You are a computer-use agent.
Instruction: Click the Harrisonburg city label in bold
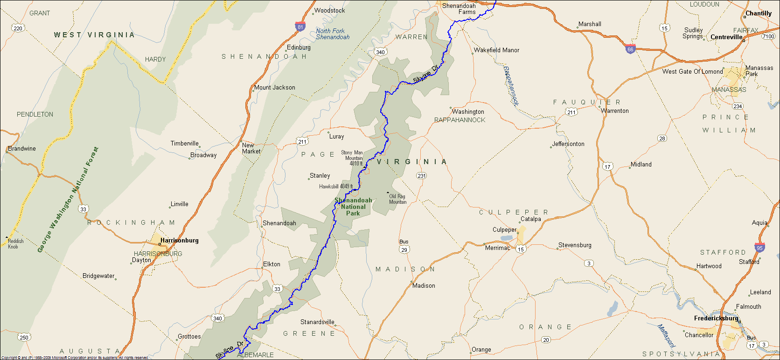179,241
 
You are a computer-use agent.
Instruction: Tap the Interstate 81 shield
300,26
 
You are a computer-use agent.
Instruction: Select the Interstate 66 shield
630,48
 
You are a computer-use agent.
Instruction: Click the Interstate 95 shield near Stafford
759,248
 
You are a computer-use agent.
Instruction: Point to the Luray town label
336,137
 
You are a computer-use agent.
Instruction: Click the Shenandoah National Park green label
353,207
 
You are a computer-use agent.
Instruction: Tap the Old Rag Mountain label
397,199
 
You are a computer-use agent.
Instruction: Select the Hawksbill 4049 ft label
336,187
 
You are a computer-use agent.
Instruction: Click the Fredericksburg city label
716,318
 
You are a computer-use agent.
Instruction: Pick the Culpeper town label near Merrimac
505,230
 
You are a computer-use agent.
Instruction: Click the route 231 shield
421,176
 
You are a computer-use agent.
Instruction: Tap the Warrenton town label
615,111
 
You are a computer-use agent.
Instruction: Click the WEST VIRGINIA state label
94,35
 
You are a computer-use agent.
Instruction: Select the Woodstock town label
330,11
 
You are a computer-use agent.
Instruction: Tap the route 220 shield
18,28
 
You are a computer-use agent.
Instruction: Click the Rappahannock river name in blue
511,86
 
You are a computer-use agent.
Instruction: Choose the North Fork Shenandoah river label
333,34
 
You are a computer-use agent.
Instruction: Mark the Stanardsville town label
317,322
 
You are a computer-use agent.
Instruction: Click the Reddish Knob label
15,244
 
